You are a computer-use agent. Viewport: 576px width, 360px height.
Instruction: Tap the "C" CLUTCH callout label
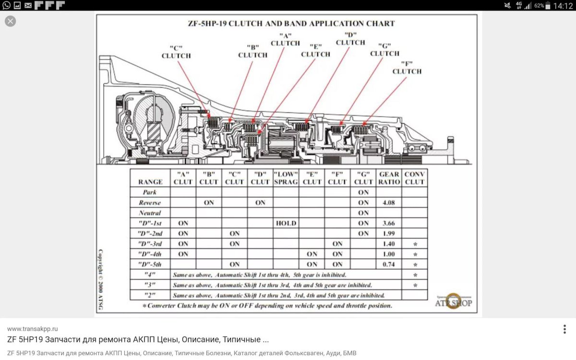click(x=176, y=52)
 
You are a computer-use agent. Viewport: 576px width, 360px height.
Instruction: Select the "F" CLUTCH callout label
click(x=407, y=68)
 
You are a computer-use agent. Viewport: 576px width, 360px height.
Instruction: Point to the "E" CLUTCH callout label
click(x=315, y=50)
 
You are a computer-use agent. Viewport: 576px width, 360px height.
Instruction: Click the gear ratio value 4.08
click(x=388, y=203)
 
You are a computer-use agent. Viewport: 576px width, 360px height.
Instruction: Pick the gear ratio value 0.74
click(x=388, y=264)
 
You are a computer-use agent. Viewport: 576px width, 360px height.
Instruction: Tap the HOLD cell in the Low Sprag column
click(x=286, y=223)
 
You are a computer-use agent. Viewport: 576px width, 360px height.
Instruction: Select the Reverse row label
click(x=150, y=203)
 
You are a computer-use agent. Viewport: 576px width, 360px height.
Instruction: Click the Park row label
click(x=150, y=192)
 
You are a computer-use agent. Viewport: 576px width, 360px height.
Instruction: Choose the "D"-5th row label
click(x=150, y=264)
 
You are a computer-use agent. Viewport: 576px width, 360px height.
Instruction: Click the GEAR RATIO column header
click(x=388, y=178)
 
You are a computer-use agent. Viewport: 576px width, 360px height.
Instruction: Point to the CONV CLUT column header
click(x=414, y=178)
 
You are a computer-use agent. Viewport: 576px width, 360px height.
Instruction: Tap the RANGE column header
click(x=150, y=182)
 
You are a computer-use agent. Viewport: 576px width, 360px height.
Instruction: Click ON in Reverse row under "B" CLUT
click(x=209, y=203)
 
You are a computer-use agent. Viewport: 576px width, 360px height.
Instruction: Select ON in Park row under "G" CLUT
click(x=363, y=192)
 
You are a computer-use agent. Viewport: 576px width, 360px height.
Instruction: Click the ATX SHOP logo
click(x=453, y=301)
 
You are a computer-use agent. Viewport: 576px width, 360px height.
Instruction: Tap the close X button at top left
click(x=10, y=21)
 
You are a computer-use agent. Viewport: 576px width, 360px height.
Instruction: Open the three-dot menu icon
click(x=564, y=329)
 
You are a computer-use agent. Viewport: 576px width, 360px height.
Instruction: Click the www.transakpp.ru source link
click(x=33, y=329)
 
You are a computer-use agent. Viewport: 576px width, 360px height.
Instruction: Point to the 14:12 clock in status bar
click(x=563, y=6)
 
